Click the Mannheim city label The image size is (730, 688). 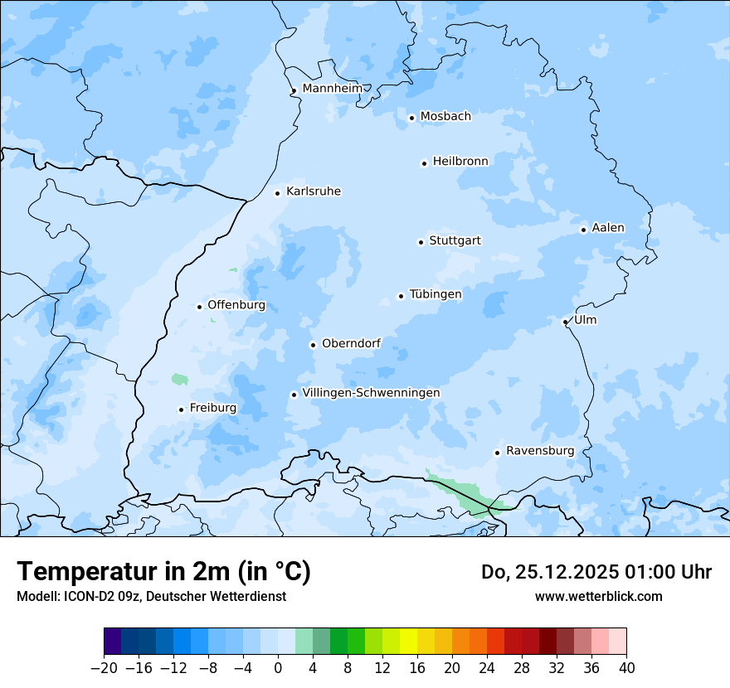332,88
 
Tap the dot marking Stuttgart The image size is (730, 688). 421,242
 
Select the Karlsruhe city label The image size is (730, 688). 313,191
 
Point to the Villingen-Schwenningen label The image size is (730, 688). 371,393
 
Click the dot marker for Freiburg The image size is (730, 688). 181,409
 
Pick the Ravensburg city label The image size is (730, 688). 539,451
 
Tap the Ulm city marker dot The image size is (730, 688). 565,322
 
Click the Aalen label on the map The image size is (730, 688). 608,228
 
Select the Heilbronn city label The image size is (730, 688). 460,162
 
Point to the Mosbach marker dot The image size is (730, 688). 411,118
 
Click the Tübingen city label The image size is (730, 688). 436,294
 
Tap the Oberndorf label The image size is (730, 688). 351,343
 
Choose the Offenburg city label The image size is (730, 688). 236,305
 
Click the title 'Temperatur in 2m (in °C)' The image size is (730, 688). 163,571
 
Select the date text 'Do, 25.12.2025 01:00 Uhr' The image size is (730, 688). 596,572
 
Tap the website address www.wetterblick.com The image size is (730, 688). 598,596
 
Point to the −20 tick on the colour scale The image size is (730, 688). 104,668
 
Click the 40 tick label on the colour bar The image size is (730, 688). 626,668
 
